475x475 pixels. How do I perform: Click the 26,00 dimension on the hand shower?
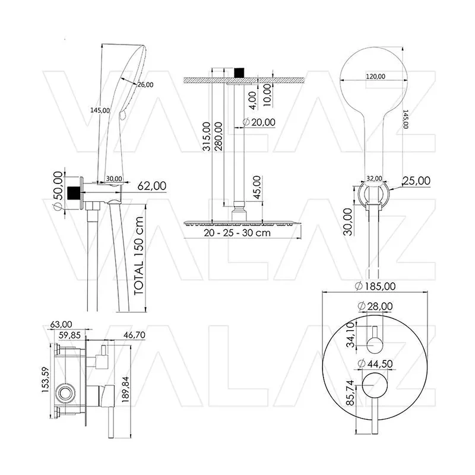(145, 85)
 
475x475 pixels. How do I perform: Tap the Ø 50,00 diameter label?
(58, 190)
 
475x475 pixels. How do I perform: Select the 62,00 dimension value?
(152, 186)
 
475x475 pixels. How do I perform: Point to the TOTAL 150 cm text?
(138, 256)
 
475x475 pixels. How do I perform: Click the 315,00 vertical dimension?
(207, 137)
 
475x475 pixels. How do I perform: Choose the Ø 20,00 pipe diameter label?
(259, 122)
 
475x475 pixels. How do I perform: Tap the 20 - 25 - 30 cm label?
(237, 233)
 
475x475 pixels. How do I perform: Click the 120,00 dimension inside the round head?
(376, 77)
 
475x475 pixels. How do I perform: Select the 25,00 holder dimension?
(416, 181)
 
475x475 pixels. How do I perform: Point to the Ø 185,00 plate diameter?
(375, 286)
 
